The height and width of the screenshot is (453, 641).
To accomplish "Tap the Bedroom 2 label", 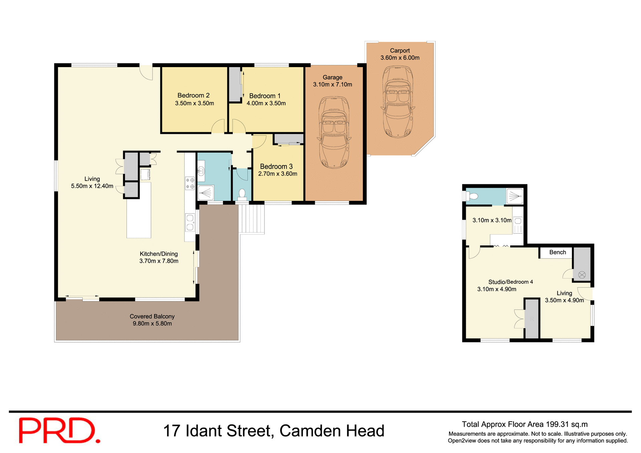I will coord(193,95).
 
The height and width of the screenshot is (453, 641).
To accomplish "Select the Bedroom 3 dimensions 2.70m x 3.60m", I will coord(277,174).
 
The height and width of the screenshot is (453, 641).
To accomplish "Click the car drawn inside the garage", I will coord(334,133).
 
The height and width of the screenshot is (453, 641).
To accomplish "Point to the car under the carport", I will coord(398,101).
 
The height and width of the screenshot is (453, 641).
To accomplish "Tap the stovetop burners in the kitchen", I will coord(190,183).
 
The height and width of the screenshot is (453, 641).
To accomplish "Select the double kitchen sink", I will coord(190,223).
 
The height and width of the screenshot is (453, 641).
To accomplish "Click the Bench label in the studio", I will coord(557,252).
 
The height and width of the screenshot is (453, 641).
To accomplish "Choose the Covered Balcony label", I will coord(152,316).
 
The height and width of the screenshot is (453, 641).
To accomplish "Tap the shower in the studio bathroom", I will coord(514,196).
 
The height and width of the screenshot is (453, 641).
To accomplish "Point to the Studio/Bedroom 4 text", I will coord(510,282).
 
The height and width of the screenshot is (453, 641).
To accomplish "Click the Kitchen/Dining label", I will coord(159,254).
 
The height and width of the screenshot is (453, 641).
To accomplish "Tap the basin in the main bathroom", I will coord(201,171).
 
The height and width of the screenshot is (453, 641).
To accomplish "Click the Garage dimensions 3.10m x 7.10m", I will coord(332,84).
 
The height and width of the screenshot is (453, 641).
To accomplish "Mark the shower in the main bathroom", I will coord(206,193).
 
